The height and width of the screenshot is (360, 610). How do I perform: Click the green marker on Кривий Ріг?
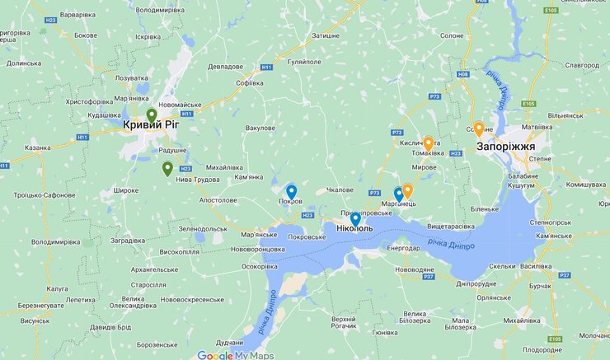152,116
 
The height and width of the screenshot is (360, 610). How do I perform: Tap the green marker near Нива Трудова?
167,170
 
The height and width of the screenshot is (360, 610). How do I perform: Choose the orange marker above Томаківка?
428,144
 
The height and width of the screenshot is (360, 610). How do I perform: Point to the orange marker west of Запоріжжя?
478,129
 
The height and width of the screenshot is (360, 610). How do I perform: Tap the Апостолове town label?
218,200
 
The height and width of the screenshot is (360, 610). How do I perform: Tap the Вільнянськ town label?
565,116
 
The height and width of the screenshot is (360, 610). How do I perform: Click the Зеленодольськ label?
196,229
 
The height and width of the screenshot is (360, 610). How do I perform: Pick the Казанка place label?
39,147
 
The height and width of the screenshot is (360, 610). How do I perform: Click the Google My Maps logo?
235,355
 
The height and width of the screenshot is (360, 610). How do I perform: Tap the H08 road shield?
462,74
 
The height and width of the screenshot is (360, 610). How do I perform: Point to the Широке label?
125,190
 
